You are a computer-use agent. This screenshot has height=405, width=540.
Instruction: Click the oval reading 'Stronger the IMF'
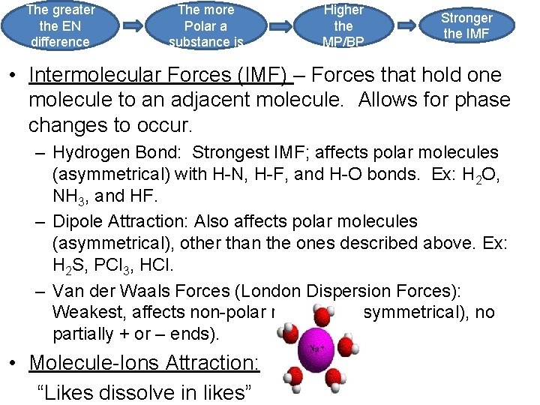click(466, 25)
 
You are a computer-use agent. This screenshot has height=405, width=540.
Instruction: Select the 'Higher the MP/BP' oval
click(343, 25)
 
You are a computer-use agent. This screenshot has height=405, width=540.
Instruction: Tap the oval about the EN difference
click(60, 25)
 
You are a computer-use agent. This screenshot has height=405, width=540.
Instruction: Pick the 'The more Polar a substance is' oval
click(205, 25)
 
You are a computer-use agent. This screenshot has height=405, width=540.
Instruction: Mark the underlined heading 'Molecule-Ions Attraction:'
click(144, 363)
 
